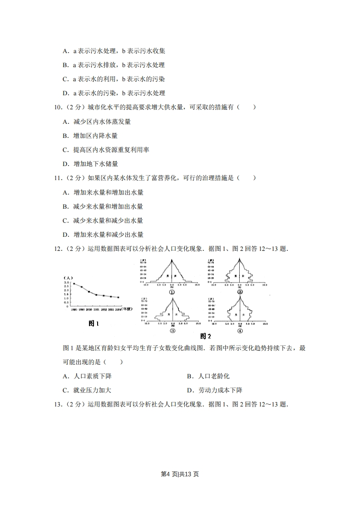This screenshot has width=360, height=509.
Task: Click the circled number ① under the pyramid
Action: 172,293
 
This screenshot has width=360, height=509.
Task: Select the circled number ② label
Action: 239,292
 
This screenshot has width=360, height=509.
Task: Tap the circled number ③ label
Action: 172,331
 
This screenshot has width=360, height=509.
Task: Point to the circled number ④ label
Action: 239,331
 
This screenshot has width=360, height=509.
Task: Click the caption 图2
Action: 206,336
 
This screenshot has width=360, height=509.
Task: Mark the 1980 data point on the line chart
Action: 74,284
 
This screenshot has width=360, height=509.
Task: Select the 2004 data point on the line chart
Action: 118,298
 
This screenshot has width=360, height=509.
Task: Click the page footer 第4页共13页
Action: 180,474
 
